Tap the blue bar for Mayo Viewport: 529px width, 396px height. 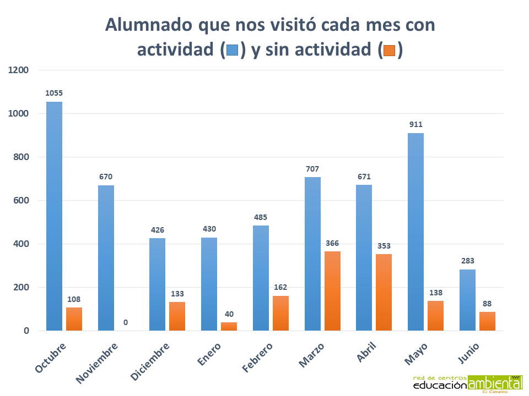(416, 232)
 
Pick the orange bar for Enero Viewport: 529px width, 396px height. (229, 326)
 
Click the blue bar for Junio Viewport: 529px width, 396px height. (467, 300)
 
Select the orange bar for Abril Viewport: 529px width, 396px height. (384, 292)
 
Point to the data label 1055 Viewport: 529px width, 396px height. (53, 93)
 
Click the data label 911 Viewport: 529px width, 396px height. (416, 124)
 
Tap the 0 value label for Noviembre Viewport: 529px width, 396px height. (125, 322)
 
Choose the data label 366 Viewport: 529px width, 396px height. (332, 243)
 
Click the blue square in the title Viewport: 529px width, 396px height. (232, 51)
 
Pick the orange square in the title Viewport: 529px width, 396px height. (390, 51)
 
